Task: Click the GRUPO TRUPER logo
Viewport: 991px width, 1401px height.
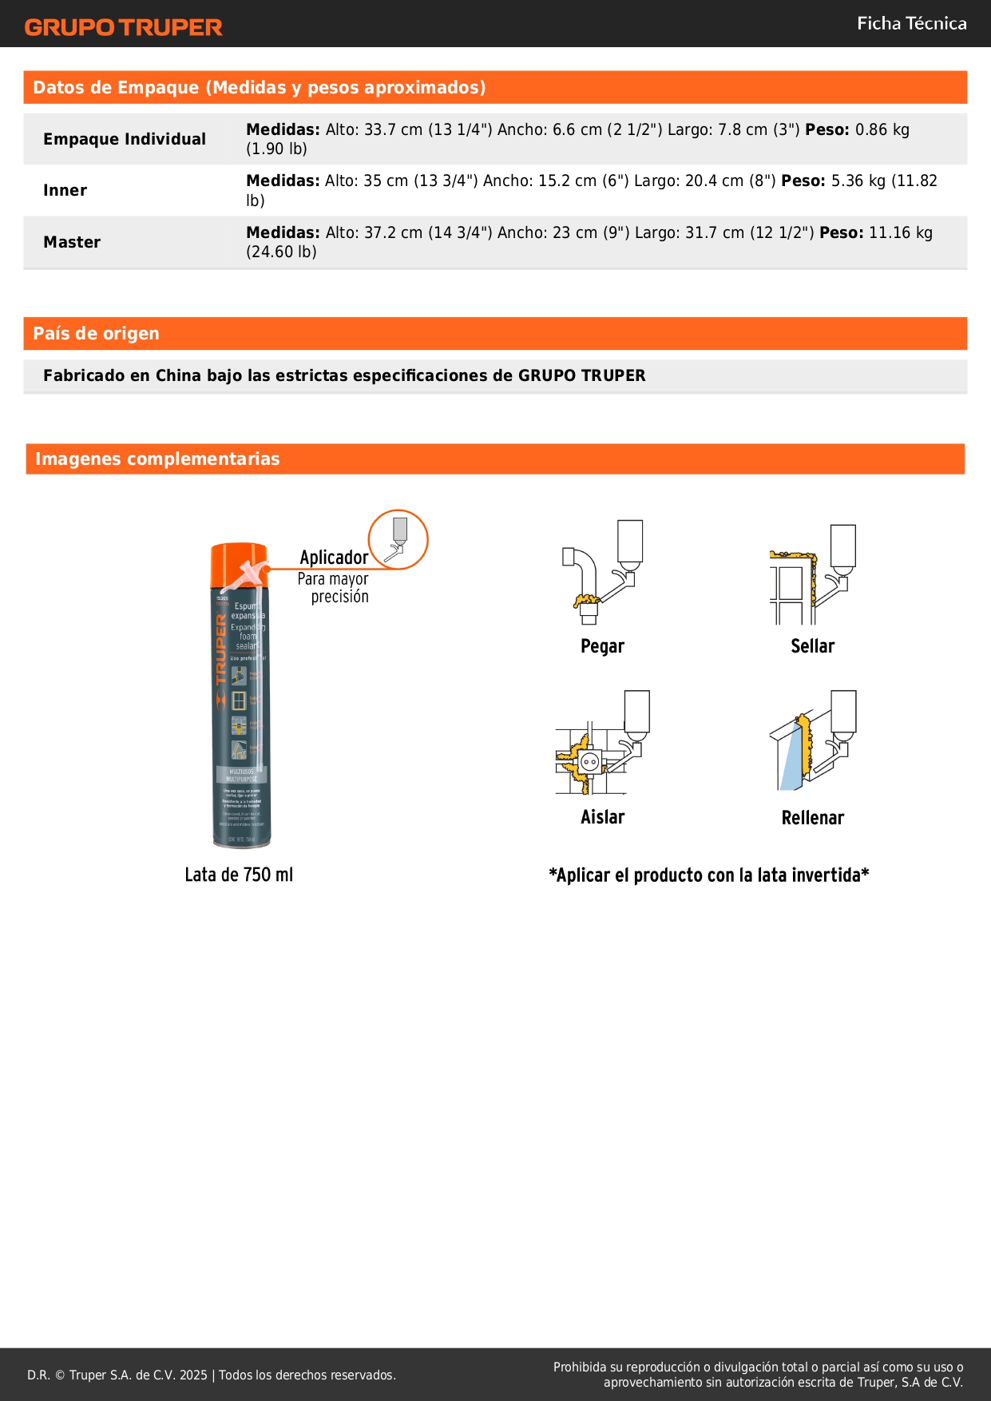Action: point(123,27)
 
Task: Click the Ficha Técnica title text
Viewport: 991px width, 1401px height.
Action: point(911,24)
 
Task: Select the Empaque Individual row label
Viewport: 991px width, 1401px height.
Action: point(125,139)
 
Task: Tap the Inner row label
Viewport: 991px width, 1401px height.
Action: point(65,190)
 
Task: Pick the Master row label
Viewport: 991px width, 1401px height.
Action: point(72,242)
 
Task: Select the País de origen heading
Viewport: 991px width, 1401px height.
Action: point(96,334)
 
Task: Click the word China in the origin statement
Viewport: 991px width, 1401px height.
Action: point(178,375)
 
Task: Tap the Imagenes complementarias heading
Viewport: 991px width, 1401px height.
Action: point(157,459)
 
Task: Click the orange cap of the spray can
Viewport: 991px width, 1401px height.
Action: point(238,556)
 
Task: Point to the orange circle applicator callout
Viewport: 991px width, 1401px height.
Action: point(398,539)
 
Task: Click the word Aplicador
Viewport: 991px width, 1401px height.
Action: point(334,558)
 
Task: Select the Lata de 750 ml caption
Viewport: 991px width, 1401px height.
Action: point(239,875)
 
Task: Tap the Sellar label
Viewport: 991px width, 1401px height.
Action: point(812,646)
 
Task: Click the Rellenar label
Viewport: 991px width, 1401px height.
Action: point(812,818)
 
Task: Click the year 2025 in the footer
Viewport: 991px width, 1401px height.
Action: point(193,1375)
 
